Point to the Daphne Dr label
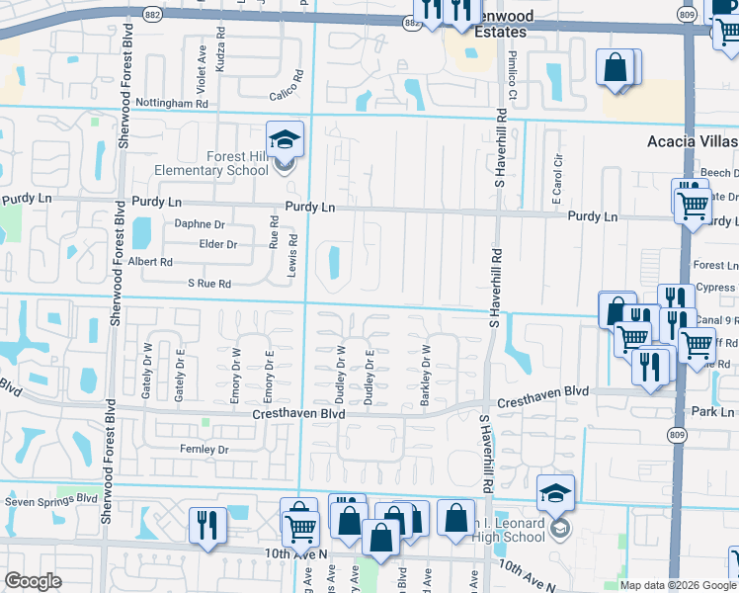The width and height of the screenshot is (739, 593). click(x=200, y=224)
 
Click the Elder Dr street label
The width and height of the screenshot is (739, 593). click(x=218, y=244)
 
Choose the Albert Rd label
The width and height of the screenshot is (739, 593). click(x=151, y=263)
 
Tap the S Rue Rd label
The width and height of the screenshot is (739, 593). click(x=208, y=284)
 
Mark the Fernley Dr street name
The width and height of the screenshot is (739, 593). click(x=205, y=450)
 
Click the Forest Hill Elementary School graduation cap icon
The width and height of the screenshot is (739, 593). click(x=285, y=139)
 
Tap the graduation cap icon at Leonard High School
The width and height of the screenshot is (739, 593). click(x=555, y=492)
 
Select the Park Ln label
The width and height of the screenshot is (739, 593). click(x=713, y=410)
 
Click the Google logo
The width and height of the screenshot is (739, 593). click(x=34, y=581)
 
